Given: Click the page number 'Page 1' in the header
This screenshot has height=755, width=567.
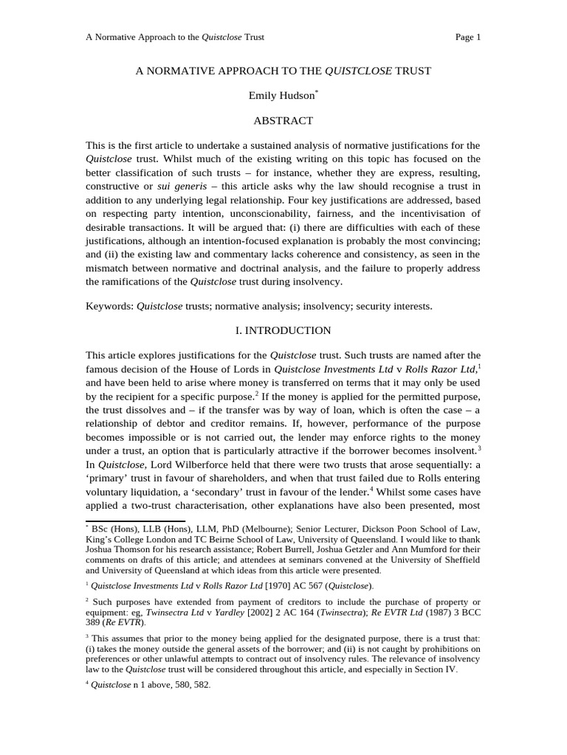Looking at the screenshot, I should [468, 37].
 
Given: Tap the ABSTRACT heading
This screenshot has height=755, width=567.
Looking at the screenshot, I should [283, 121].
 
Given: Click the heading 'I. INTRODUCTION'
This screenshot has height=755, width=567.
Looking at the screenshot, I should [283, 330].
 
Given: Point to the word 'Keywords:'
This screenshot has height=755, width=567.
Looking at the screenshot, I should [109, 306].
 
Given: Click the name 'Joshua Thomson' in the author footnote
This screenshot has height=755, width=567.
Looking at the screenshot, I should [118, 549].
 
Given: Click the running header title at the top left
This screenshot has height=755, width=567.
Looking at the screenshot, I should [175, 37].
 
